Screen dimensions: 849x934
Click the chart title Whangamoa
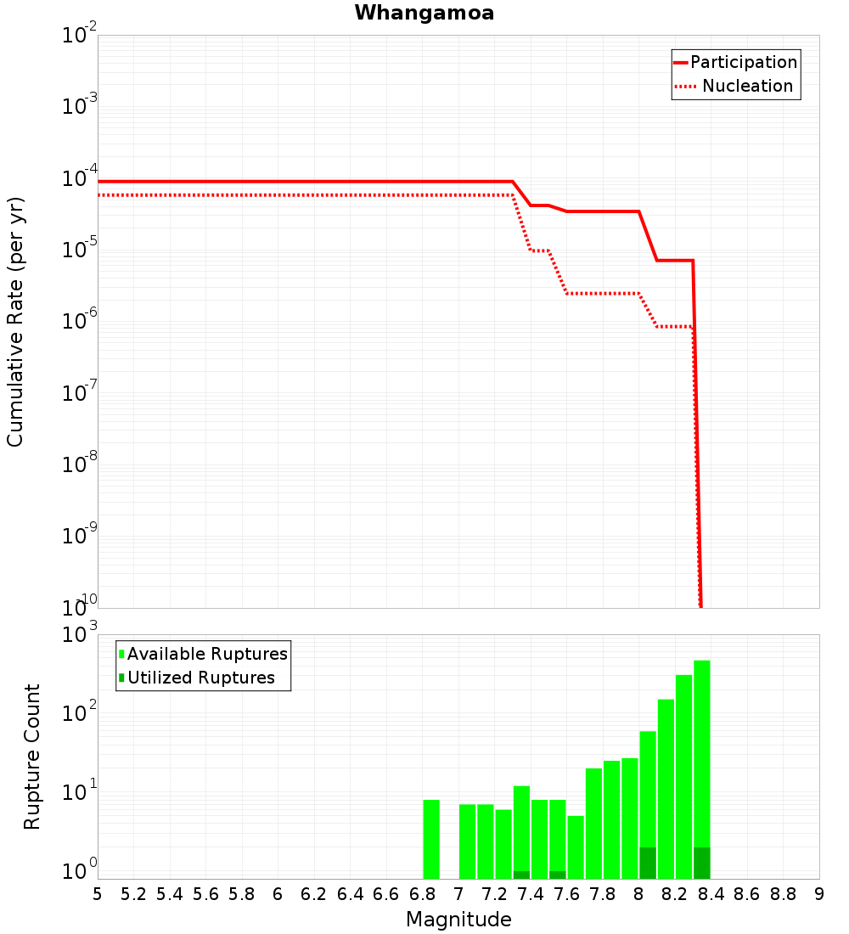(x=424, y=13)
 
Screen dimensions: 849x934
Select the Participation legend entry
(x=735, y=62)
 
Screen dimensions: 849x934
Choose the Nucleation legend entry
(x=735, y=86)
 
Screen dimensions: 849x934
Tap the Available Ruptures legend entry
(x=203, y=654)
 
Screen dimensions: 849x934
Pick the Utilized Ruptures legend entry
(x=197, y=678)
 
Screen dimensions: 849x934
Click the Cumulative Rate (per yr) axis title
(x=15, y=322)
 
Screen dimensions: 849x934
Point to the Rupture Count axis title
(x=31, y=757)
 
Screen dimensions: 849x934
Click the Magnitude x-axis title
(x=458, y=920)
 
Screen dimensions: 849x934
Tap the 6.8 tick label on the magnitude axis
(x=423, y=894)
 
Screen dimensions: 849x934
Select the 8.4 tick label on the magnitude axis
(x=711, y=894)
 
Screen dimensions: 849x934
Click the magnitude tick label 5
(x=98, y=894)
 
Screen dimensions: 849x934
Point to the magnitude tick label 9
(x=819, y=894)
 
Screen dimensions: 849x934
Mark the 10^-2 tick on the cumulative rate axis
(x=79, y=33)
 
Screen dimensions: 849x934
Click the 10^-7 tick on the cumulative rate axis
(x=79, y=391)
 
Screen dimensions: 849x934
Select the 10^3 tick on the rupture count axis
(x=79, y=633)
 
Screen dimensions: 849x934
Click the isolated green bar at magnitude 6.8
(x=431, y=839)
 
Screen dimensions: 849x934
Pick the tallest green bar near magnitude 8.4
(x=702, y=769)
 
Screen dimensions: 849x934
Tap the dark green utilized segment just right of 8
(x=648, y=864)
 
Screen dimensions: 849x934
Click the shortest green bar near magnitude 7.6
(x=576, y=847)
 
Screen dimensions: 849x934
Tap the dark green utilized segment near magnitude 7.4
(x=521, y=875)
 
